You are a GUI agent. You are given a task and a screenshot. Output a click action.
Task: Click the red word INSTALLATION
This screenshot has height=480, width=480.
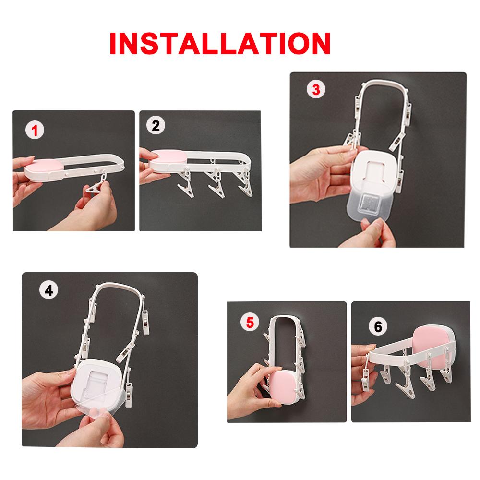pos(220,44)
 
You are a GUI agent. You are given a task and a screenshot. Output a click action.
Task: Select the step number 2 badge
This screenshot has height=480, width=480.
pos(155,126)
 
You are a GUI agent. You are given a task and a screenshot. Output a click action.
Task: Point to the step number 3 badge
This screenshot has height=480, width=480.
pos(315,89)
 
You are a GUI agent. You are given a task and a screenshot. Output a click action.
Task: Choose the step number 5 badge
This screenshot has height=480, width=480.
pos(249,322)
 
